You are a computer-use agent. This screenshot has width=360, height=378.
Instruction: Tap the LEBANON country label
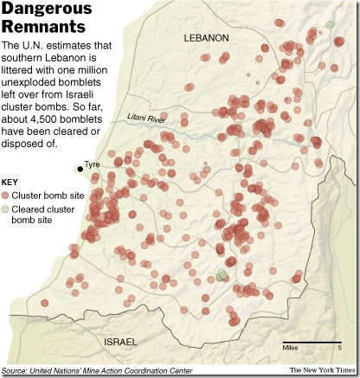205,38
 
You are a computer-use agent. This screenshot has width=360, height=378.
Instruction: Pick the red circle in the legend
8,195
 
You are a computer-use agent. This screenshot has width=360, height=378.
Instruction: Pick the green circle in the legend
8,209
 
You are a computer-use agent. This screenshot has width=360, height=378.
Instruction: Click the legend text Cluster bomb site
48,195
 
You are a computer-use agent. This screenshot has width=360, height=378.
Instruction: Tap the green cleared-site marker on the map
221,275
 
